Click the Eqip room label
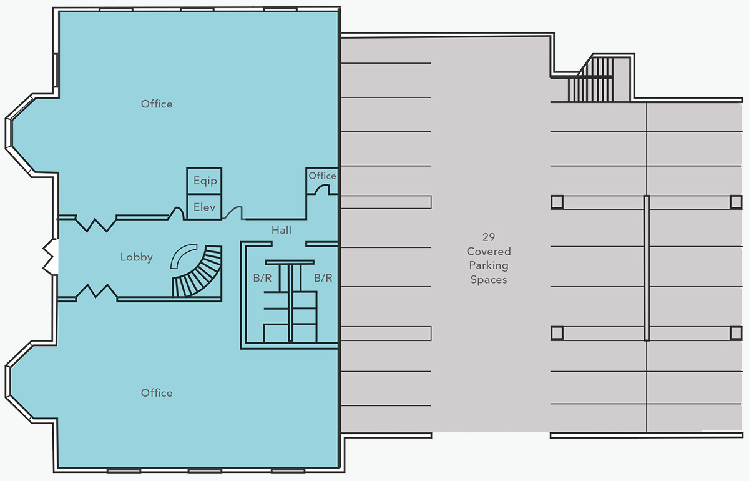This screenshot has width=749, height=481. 205,181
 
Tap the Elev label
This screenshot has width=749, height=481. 204,207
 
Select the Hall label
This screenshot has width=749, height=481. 281,230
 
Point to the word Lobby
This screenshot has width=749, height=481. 137,257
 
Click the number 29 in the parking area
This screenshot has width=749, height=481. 489,237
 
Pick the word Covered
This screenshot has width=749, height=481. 489,251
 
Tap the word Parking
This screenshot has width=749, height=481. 489,265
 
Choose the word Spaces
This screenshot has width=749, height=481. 489,279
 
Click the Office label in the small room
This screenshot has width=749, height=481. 322,176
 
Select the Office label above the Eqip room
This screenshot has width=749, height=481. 157,104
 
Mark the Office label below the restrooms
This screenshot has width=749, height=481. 157,393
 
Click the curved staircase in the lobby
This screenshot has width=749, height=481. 200,274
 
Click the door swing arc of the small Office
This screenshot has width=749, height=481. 321,189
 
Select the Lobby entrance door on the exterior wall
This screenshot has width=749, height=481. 51,257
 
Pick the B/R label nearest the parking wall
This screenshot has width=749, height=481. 323,278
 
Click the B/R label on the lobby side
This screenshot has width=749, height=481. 262,278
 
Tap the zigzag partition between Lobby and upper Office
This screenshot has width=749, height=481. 97,225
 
